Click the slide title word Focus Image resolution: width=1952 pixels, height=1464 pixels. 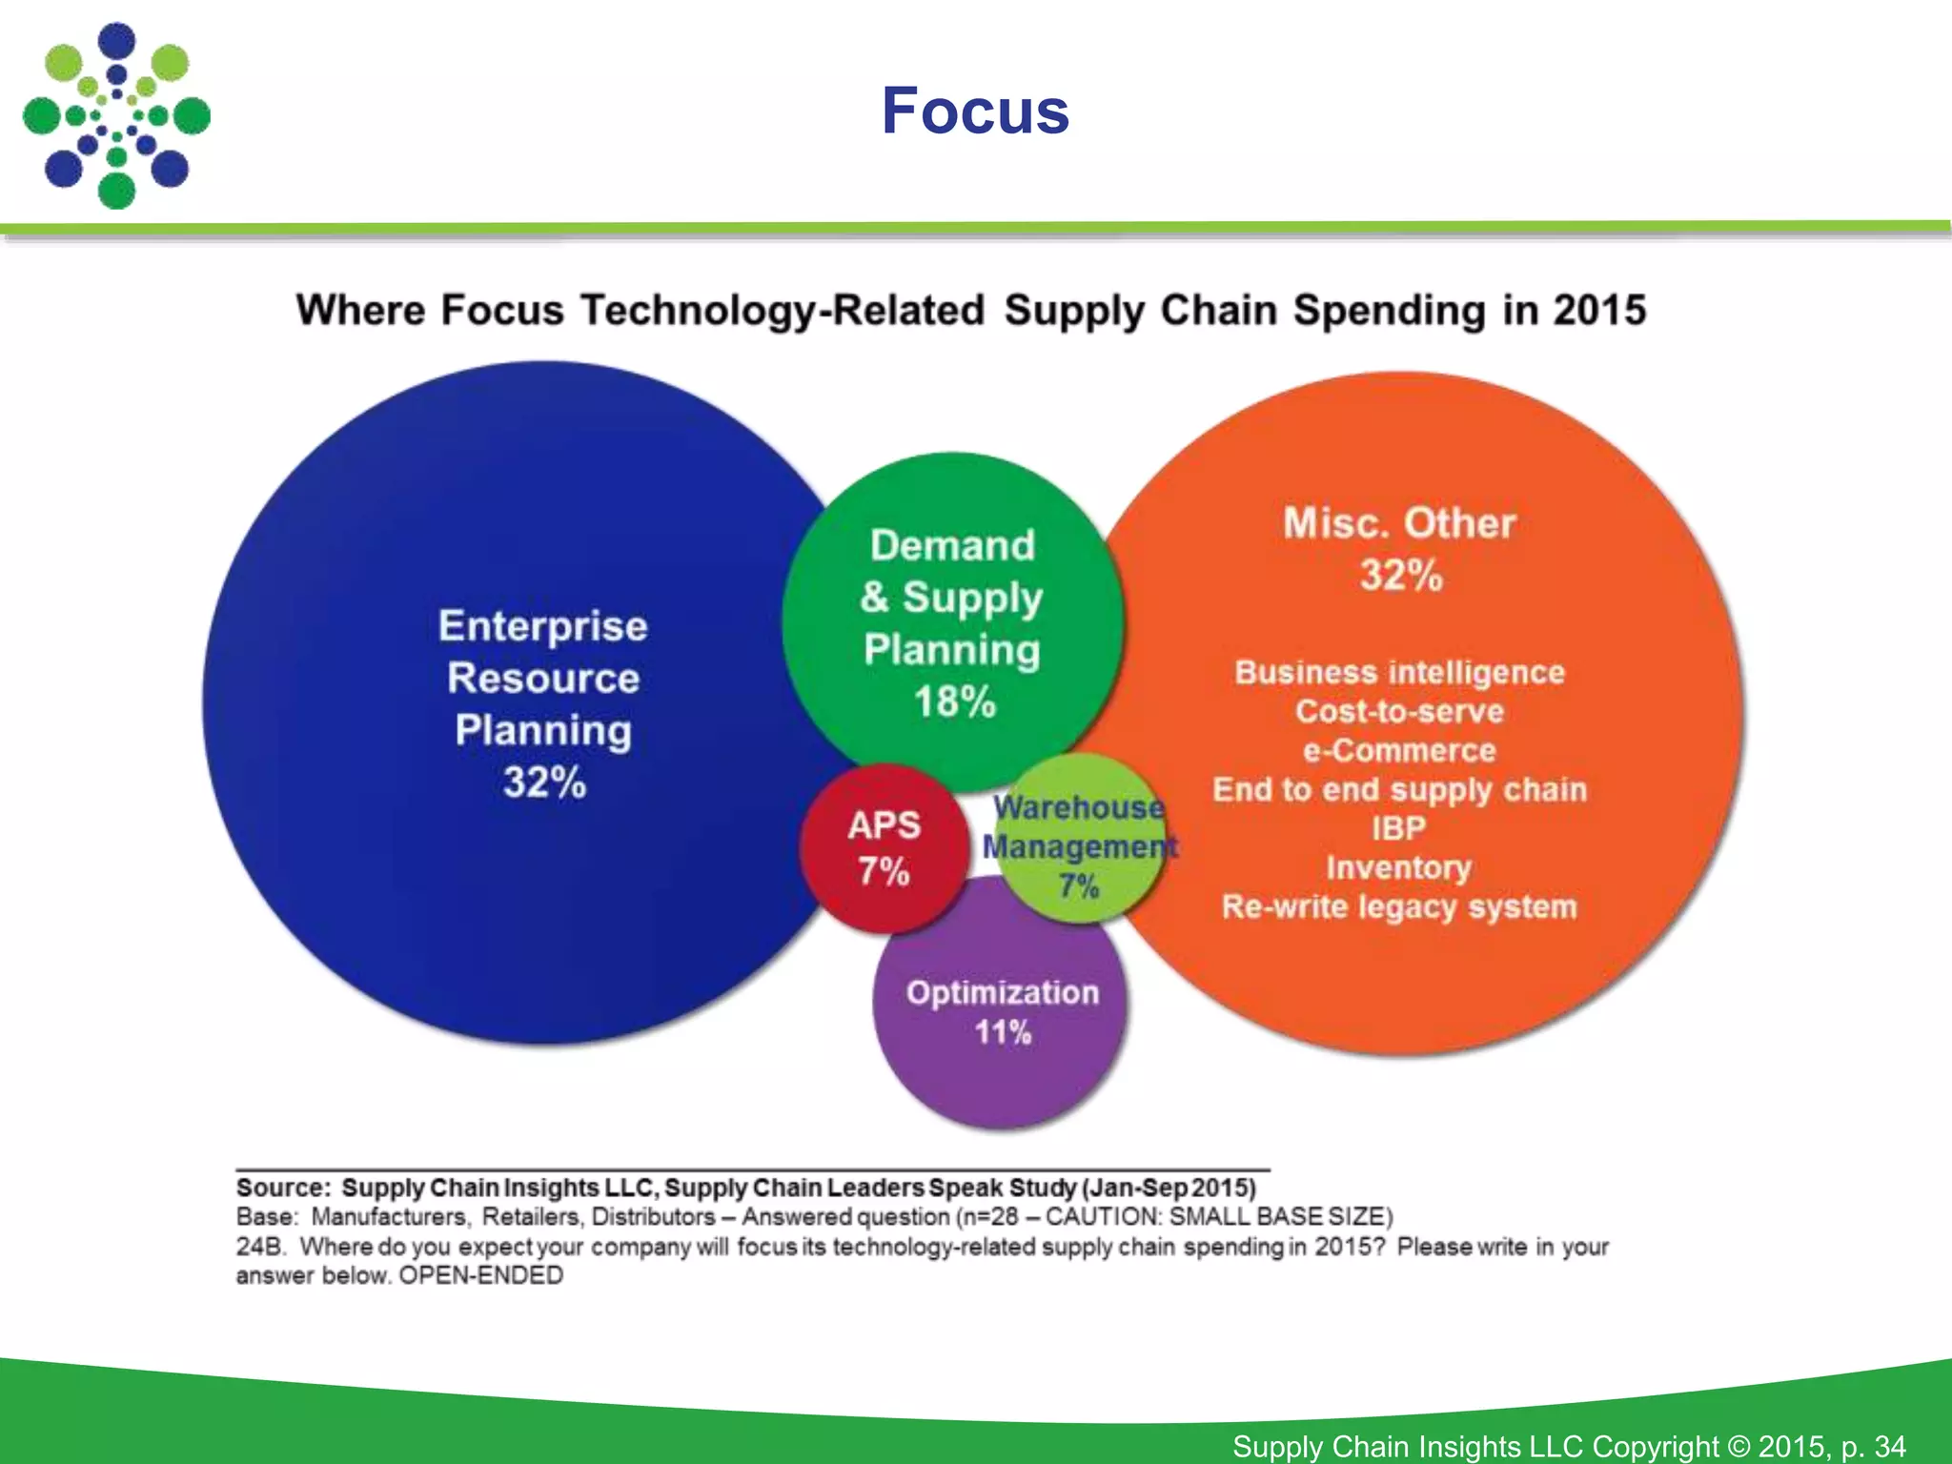[975, 112]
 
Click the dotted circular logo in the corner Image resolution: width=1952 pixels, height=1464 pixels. [116, 116]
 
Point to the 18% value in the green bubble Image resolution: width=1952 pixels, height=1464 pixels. [954, 701]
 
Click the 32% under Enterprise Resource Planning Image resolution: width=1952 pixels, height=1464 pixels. [544, 783]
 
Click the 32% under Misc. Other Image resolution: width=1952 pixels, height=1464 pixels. [1400, 576]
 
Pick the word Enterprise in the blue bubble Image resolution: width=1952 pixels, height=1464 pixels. [543, 626]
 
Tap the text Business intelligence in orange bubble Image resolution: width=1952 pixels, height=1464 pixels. [1399, 672]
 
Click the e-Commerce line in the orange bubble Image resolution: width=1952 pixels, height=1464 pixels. [1399, 750]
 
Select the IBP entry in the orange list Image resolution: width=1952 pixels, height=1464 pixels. [1398, 828]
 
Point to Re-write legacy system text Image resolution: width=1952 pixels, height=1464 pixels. [1399, 906]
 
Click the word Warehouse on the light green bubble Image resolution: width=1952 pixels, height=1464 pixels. [1079, 807]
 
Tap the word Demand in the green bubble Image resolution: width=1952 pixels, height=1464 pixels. [952, 545]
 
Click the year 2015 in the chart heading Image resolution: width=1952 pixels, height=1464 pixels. [1599, 311]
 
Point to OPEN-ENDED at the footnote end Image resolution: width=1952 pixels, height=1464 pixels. [480, 1275]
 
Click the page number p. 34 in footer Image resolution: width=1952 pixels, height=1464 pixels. [1873, 1446]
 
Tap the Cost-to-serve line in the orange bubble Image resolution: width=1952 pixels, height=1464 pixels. [1399, 711]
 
